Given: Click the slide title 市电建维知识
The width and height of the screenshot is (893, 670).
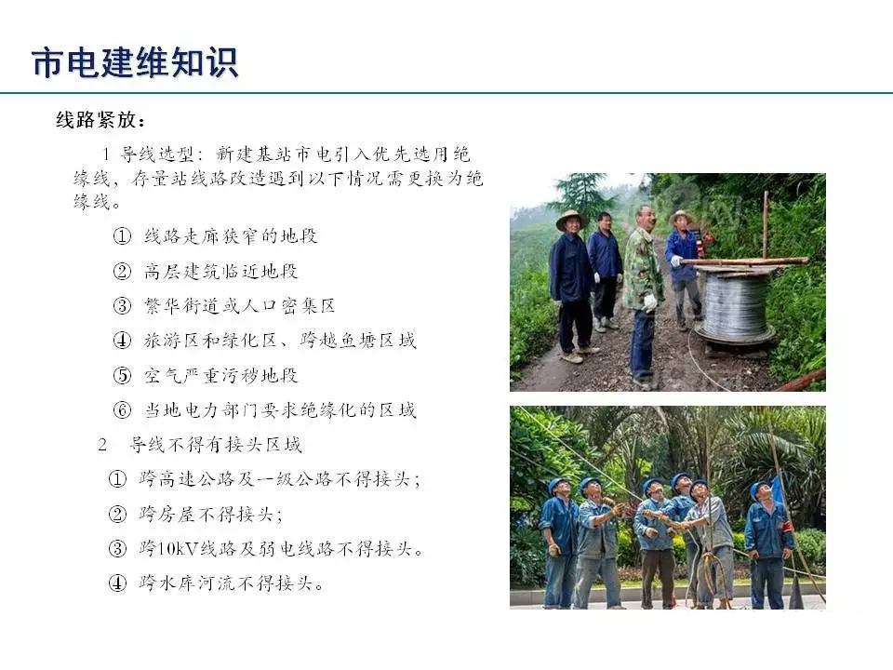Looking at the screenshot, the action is (135, 62).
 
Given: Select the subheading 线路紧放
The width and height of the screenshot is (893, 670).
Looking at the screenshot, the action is (97, 120).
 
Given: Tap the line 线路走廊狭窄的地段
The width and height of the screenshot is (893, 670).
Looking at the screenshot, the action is (231, 235).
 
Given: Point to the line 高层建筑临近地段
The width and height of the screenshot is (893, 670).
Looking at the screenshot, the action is (221, 271).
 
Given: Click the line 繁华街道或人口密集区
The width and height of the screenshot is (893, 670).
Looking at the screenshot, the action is (240, 306).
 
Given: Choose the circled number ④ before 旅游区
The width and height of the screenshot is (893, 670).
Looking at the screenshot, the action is (122, 341).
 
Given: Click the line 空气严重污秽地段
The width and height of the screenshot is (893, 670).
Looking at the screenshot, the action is (221, 375).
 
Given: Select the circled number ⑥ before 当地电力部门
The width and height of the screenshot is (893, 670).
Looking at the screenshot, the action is (122, 410).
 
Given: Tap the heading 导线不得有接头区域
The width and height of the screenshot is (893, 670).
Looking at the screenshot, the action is (216, 445).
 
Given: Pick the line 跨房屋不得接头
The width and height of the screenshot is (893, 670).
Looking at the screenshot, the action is (211, 514).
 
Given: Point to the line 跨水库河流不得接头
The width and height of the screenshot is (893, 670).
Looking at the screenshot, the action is (232, 583).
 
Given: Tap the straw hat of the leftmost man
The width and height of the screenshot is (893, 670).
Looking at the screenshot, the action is (571, 220).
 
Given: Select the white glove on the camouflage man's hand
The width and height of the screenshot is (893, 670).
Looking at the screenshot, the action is (650, 301).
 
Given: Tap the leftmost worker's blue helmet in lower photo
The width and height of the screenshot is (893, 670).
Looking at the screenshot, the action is (557, 486).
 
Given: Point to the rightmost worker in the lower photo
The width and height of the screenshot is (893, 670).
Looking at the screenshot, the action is (768, 544).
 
